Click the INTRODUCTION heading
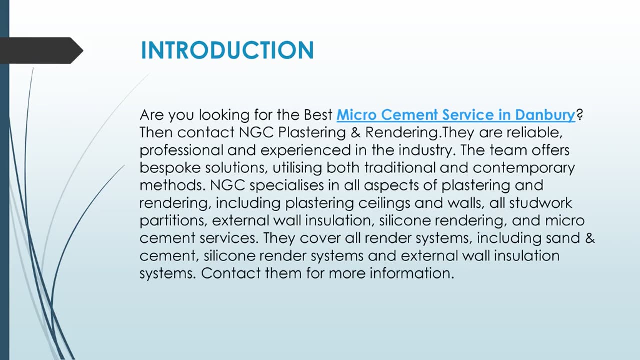point(227,50)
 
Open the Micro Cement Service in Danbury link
point(456,115)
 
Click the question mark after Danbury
point(580,115)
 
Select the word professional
point(181,150)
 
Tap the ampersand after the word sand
point(590,238)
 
